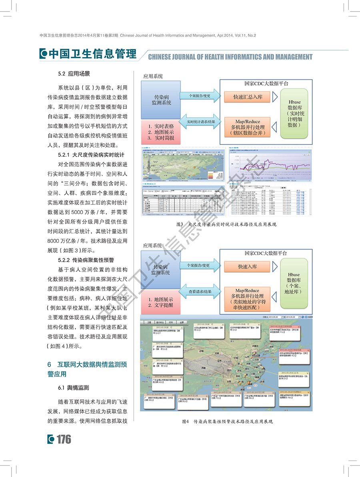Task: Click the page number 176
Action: [64, 439]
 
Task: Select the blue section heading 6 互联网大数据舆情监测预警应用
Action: [87, 369]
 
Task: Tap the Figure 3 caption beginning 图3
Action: [226, 224]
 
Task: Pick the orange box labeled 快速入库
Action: [248, 267]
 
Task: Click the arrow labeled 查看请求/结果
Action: [201, 291]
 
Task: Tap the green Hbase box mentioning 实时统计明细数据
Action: [294, 114]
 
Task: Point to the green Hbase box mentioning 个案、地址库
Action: [294, 283]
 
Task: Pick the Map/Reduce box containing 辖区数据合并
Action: [248, 127]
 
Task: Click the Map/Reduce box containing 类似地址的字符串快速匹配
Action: [248, 299]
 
